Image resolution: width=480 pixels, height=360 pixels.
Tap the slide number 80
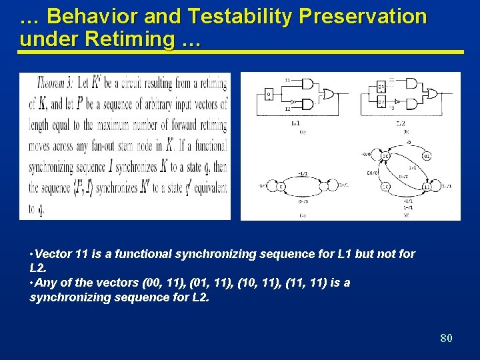[x=446, y=338]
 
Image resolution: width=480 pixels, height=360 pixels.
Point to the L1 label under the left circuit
[x=296, y=123]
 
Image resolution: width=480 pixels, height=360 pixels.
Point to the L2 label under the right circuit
[x=401, y=123]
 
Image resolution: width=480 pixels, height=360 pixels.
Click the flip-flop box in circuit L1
[x=269, y=94]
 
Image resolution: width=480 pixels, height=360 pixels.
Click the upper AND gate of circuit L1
[x=307, y=83]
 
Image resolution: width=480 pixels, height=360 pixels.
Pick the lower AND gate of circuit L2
[x=411, y=103]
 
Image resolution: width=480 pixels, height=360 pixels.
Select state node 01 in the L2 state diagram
[x=427, y=157]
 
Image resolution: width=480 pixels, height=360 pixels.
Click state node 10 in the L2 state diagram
[x=385, y=187]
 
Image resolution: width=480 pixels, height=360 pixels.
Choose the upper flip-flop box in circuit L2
[x=381, y=87]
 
